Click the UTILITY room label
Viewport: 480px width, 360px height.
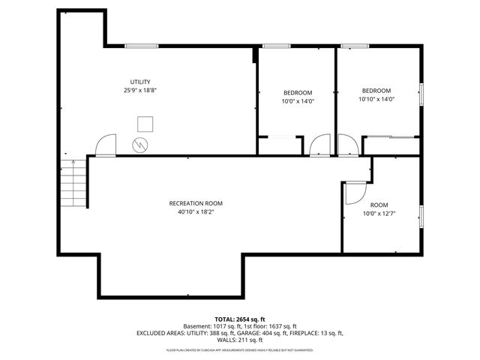(139, 82)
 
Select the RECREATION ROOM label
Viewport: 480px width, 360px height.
(196, 203)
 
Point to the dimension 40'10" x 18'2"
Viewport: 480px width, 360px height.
(196, 211)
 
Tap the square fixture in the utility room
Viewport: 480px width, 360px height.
(145, 123)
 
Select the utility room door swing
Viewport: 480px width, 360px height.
(106, 145)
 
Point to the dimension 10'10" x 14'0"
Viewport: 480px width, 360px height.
(376, 98)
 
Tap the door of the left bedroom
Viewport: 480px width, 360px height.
(321, 145)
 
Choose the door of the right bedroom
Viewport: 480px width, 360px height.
(348, 145)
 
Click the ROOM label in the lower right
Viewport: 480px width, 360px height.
(379, 205)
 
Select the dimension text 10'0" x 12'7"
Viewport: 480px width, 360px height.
(379, 213)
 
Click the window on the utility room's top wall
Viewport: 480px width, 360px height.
(140, 46)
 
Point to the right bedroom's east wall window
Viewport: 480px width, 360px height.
(421, 94)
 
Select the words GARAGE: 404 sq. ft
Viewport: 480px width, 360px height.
(260, 333)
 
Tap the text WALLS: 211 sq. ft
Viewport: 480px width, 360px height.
(239, 340)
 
